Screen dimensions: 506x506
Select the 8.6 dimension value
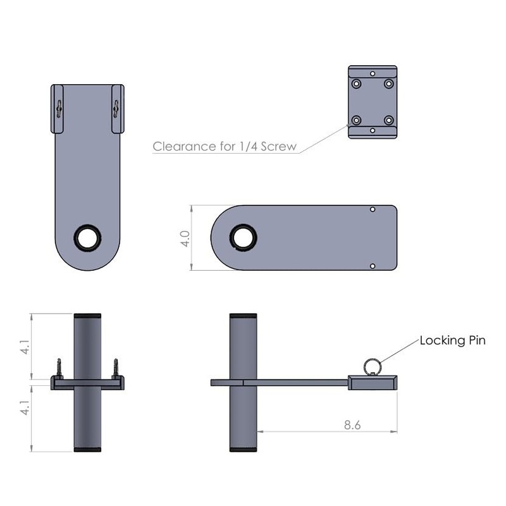(x=352, y=426)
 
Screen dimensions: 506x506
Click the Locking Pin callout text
(x=452, y=341)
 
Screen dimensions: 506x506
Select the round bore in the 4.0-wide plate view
(x=244, y=236)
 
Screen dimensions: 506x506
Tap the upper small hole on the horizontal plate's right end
(x=373, y=209)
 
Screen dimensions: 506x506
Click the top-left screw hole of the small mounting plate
(x=357, y=83)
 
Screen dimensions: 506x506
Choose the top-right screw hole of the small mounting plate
(x=388, y=83)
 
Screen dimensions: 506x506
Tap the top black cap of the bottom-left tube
(x=87, y=316)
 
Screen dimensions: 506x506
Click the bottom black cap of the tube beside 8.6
(x=243, y=449)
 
